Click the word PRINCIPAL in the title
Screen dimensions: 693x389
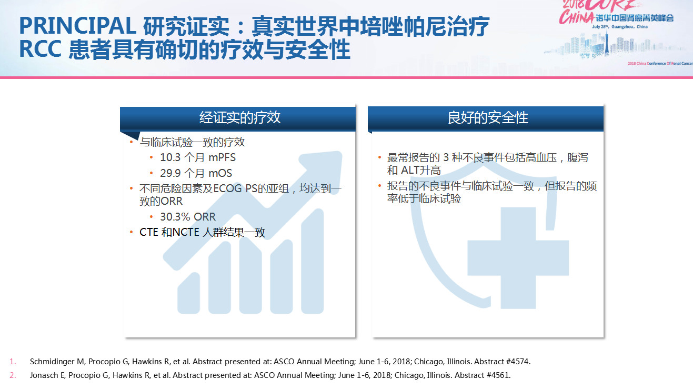78,25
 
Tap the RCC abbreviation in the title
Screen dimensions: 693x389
40,49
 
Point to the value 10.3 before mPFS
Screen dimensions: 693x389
170,157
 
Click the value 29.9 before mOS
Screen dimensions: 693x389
170,173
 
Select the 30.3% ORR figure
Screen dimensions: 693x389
188,217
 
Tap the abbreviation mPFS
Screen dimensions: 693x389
222,157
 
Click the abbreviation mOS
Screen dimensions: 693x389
220,173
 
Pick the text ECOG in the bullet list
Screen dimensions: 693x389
227,188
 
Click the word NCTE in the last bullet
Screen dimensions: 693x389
186,232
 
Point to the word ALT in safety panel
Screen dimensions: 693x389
411,170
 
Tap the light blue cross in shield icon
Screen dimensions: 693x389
518,258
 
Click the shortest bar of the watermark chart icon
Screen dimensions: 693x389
188,293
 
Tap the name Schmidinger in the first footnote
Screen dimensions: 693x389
52,362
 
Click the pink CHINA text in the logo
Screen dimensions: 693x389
576,17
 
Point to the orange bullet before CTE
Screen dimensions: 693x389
132,232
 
